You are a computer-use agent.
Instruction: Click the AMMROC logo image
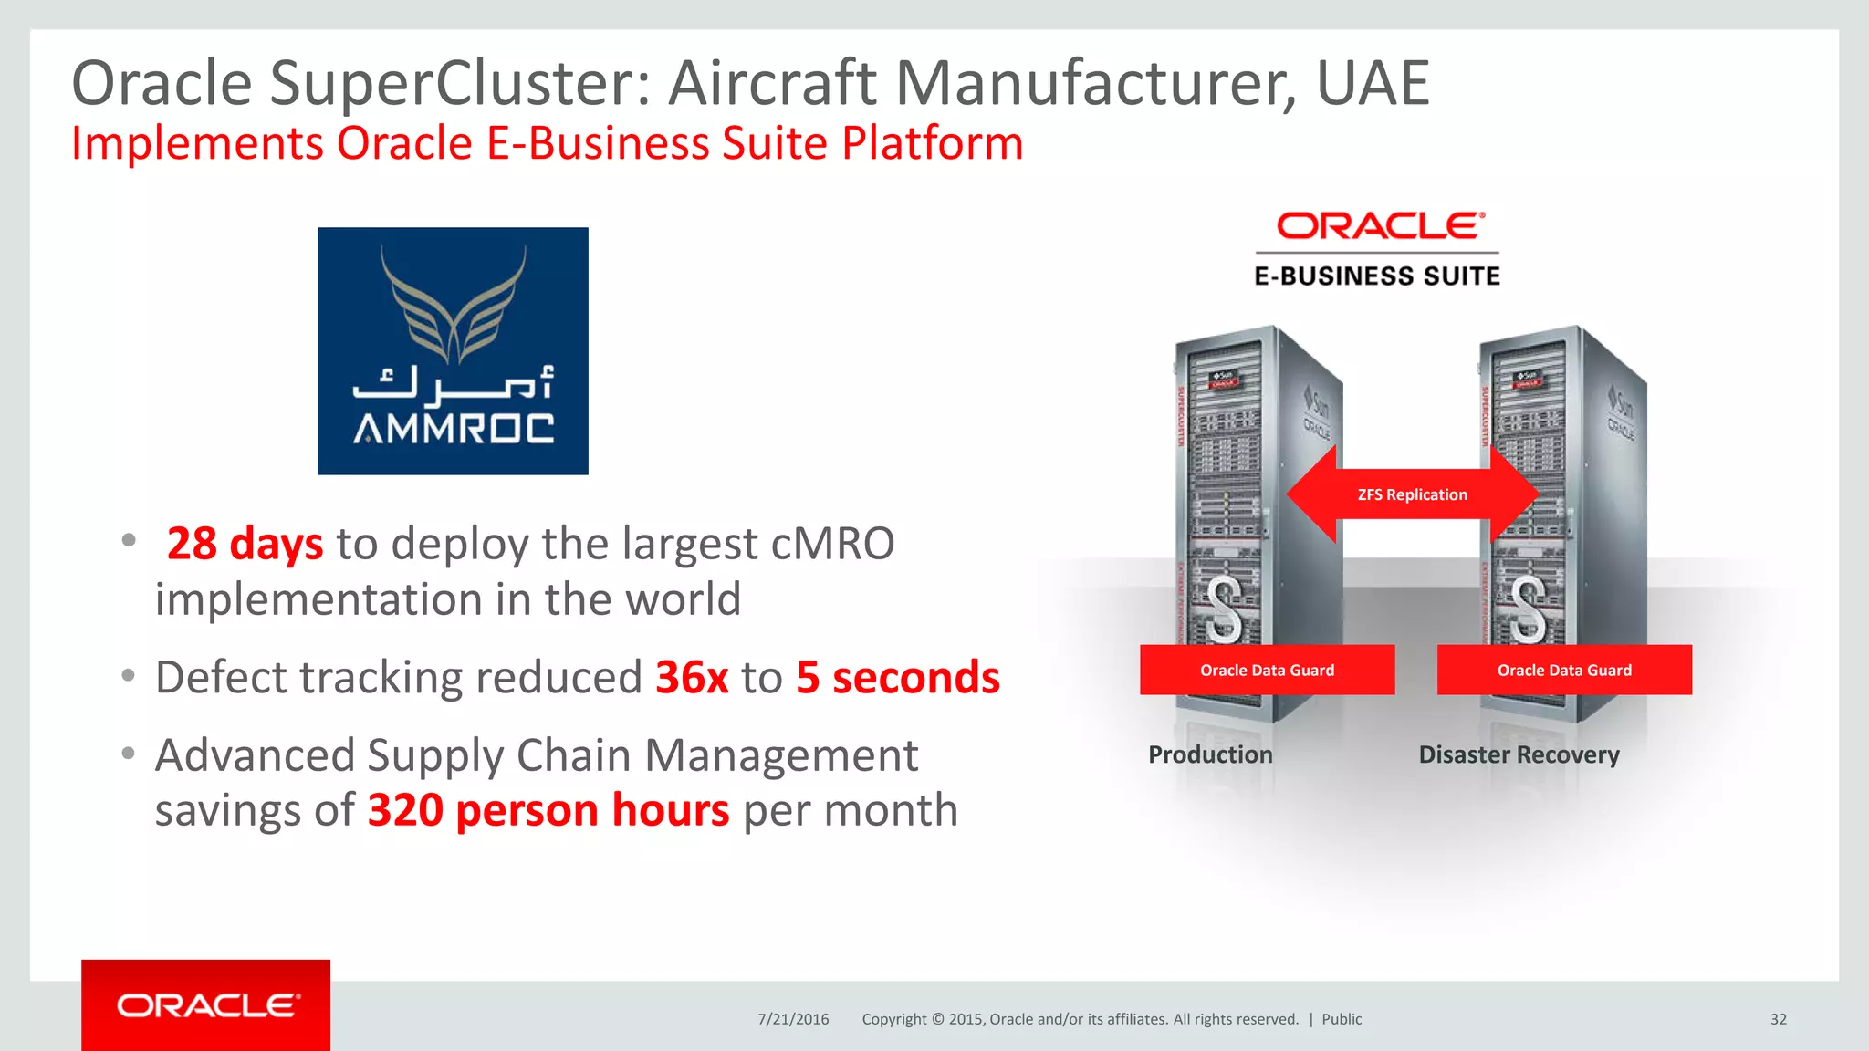(453, 350)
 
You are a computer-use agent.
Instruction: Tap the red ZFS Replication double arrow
(1412, 494)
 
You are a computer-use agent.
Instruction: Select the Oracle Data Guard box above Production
(1267, 670)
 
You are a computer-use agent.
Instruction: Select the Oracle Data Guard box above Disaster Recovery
(1564, 670)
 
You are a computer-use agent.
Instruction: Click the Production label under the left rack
(1210, 754)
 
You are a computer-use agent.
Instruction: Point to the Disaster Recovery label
(1519, 754)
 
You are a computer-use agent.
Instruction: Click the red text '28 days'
(245, 544)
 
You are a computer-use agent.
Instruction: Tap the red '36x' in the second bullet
(692, 678)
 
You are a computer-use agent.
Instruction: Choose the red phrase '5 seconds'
(898, 678)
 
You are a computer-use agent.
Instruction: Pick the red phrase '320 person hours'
(548, 810)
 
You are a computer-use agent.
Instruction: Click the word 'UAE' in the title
(1373, 83)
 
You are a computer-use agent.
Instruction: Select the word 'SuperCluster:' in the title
(461, 83)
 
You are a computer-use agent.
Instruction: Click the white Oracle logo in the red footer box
(207, 1005)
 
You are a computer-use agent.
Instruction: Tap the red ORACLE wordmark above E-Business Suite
(1380, 225)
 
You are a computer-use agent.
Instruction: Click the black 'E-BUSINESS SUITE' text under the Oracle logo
(1377, 276)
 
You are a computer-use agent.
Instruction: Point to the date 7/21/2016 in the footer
(793, 1019)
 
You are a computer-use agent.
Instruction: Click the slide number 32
(1778, 1019)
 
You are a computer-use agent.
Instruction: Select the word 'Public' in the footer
(1342, 1019)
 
